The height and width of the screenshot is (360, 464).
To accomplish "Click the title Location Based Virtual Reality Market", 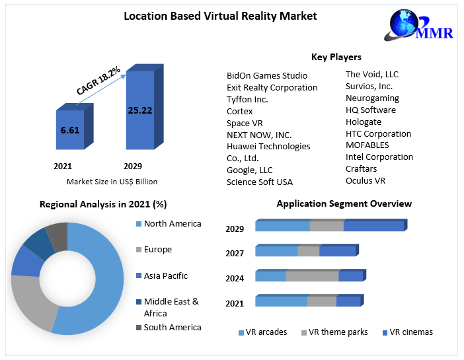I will point(220,16).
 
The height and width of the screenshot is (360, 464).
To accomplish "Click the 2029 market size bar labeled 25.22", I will point(139,110).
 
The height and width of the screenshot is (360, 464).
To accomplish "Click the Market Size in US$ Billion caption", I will point(112,182).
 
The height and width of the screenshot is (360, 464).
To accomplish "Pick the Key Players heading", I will point(336,57).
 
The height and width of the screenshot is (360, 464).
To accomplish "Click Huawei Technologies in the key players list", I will point(268,146).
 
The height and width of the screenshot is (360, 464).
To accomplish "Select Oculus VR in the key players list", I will point(365,180).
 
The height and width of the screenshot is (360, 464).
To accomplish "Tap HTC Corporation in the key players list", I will point(378,133).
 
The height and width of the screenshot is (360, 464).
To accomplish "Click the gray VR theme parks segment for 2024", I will point(312,276).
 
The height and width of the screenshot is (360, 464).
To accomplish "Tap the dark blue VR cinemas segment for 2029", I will point(373,226).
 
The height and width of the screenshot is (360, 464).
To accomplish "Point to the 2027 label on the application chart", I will point(235,253).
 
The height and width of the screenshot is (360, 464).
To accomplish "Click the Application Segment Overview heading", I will point(344,203).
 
